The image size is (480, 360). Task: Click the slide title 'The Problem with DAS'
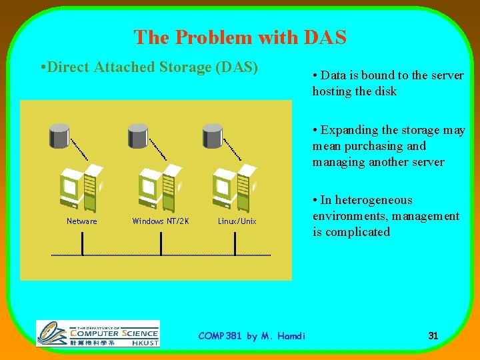240,37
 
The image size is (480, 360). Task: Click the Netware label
82,221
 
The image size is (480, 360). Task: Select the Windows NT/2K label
161,221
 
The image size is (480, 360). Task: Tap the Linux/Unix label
237,221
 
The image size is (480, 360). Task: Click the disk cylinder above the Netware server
60,135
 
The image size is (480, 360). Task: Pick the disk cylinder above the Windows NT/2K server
137,135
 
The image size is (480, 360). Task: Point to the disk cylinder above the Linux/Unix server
212,135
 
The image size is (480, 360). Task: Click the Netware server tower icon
82,188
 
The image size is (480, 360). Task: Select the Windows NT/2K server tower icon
159,188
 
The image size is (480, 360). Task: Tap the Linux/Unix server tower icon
234,188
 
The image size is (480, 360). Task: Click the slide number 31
433,336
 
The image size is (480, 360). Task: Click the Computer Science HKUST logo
98,333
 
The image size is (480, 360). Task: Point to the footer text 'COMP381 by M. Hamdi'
251,336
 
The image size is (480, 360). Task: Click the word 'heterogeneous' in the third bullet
375,200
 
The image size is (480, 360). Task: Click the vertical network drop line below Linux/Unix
235,243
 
